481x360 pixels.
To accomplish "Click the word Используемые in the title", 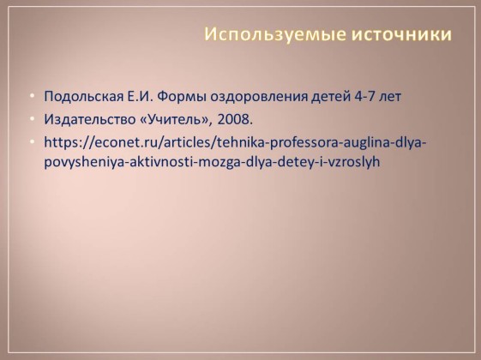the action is (275, 34).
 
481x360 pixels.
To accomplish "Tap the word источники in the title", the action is (401, 33).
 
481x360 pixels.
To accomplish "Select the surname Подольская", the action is (83, 97).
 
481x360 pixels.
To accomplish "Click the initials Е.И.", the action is (140, 96).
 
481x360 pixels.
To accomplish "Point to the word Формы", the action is (182, 97).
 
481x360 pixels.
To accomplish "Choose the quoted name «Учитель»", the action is (176, 119).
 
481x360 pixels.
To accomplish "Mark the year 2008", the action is (235, 119).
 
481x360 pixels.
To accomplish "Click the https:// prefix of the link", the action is (68, 143).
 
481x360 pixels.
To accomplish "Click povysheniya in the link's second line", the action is (84, 162).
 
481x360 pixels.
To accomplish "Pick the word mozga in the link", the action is (218, 163).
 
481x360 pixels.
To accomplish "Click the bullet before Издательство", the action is (33, 119).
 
